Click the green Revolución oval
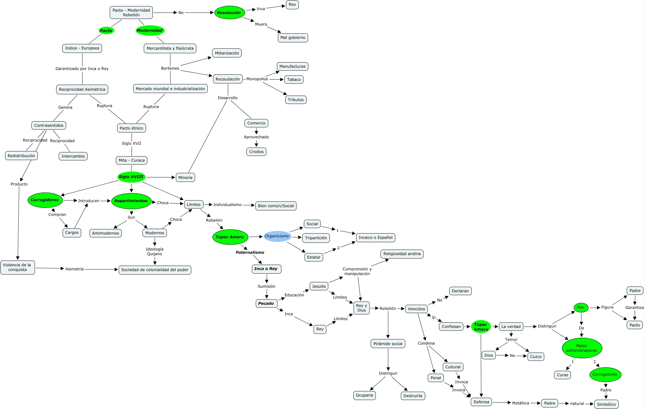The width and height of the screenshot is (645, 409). [229, 13]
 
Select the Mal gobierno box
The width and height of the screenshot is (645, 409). [293, 38]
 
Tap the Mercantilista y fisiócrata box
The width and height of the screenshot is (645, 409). [170, 48]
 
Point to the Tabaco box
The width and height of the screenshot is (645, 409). [294, 80]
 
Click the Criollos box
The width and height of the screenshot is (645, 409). [256, 152]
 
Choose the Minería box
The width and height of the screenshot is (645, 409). [185, 177]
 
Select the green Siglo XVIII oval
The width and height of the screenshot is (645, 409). [131, 177]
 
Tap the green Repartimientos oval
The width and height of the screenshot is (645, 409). [131, 201]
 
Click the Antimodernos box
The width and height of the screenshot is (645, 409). [106, 233]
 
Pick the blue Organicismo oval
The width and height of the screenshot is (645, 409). [277, 236]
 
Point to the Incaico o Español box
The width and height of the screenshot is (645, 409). [375, 238]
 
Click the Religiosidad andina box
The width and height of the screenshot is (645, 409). [402, 254]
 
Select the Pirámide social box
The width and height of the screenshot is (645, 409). [388, 344]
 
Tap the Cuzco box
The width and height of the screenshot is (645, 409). [536, 356]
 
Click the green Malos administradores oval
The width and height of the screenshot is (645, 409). [582, 348]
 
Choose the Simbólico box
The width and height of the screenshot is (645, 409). [606, 404]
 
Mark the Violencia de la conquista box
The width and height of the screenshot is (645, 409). [17, 267]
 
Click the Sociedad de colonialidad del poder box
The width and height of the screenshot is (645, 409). [155, 270]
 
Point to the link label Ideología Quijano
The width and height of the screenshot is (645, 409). [155, 251]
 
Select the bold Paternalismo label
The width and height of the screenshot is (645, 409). [250, 252]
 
